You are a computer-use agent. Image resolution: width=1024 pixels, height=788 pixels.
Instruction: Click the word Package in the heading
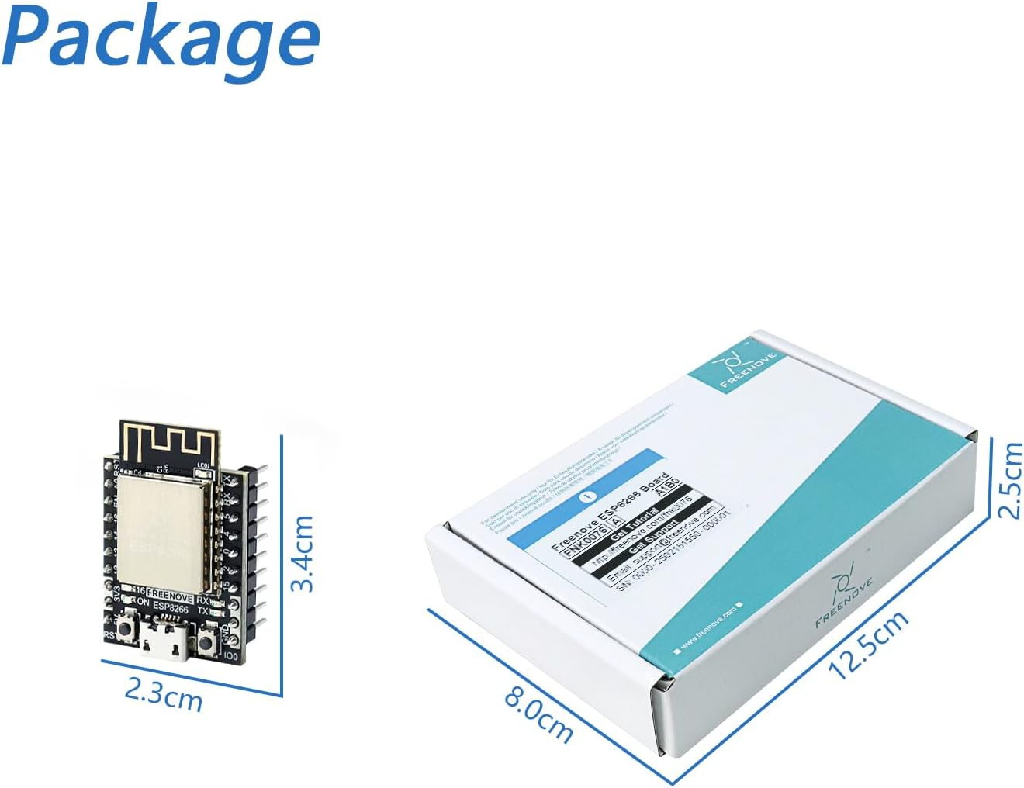161,37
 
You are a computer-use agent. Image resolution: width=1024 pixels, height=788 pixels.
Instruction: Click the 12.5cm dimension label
869,645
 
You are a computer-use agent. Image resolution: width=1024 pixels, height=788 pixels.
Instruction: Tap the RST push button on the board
124,626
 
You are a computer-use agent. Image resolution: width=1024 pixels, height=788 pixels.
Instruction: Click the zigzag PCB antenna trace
168,442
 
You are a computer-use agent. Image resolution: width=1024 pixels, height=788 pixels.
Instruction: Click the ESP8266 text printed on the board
170,609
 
